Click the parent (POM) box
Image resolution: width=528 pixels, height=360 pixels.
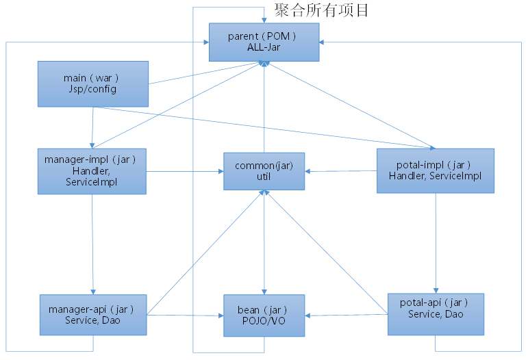(x=264, y=42)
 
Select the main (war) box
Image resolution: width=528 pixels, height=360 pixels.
(x=93, y=83)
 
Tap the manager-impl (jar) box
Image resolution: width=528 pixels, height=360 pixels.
(x=92, y=170)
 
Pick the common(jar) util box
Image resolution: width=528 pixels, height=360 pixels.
(x=264, y=171)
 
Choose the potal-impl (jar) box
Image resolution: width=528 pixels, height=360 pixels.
(x=435, y=170)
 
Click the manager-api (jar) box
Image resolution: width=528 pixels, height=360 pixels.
(x=92, y=315)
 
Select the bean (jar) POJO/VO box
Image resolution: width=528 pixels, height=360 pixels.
(x=264, y=316)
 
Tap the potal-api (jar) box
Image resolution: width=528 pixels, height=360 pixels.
(x=436, y=314)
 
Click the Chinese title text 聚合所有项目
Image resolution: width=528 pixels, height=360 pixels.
(x=321, y=10)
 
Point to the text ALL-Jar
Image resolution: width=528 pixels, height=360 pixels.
(x=264, y=48)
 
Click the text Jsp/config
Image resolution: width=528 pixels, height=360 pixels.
(x=93, y=90)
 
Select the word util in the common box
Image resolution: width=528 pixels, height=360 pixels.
(x=264, y=177)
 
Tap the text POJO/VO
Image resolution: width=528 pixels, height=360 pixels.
(x=264, y=322)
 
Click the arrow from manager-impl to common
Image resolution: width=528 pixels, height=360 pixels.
(x=185, y=171)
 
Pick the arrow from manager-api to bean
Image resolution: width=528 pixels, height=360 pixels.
(x=185, y=316)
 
